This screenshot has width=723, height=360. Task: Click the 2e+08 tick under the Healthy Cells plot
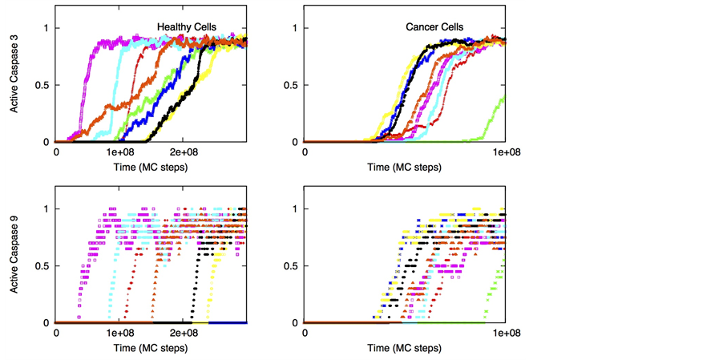click(x=184, y=152)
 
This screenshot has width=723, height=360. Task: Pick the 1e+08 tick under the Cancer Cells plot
click(x=504, y=152)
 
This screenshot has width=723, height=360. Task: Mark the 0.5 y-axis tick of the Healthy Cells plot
click(x=42, y=86)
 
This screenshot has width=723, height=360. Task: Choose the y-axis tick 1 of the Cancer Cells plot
click(x=295, y=29)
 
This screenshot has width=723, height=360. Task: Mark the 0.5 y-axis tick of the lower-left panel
click(x=42, y=266)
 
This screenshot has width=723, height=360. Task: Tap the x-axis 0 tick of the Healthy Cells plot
click(x=56, y=152)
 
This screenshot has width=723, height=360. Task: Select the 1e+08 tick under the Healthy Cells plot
click(x=119, y=152)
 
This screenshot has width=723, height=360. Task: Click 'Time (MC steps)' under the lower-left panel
click(x=151, y=349)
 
